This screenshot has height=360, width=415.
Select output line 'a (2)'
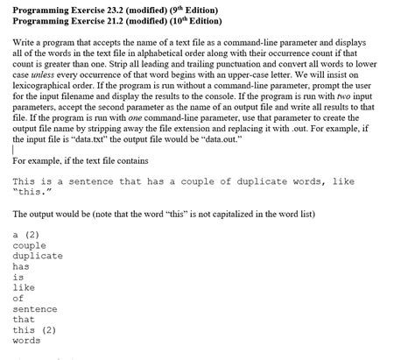point(25,235)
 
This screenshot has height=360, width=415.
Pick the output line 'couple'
point(30,245)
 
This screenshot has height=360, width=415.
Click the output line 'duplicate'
point(38,256)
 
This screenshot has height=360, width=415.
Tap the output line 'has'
point(21,266)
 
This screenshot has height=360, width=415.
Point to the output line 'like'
point(24,287)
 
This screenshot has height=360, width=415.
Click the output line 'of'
point(18,298)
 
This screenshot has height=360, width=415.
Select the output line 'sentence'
point(35,308)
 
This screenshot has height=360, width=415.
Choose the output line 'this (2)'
point(34,329)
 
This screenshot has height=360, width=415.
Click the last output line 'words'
point(26,340)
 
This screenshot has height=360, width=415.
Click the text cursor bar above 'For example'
point(14,149)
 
